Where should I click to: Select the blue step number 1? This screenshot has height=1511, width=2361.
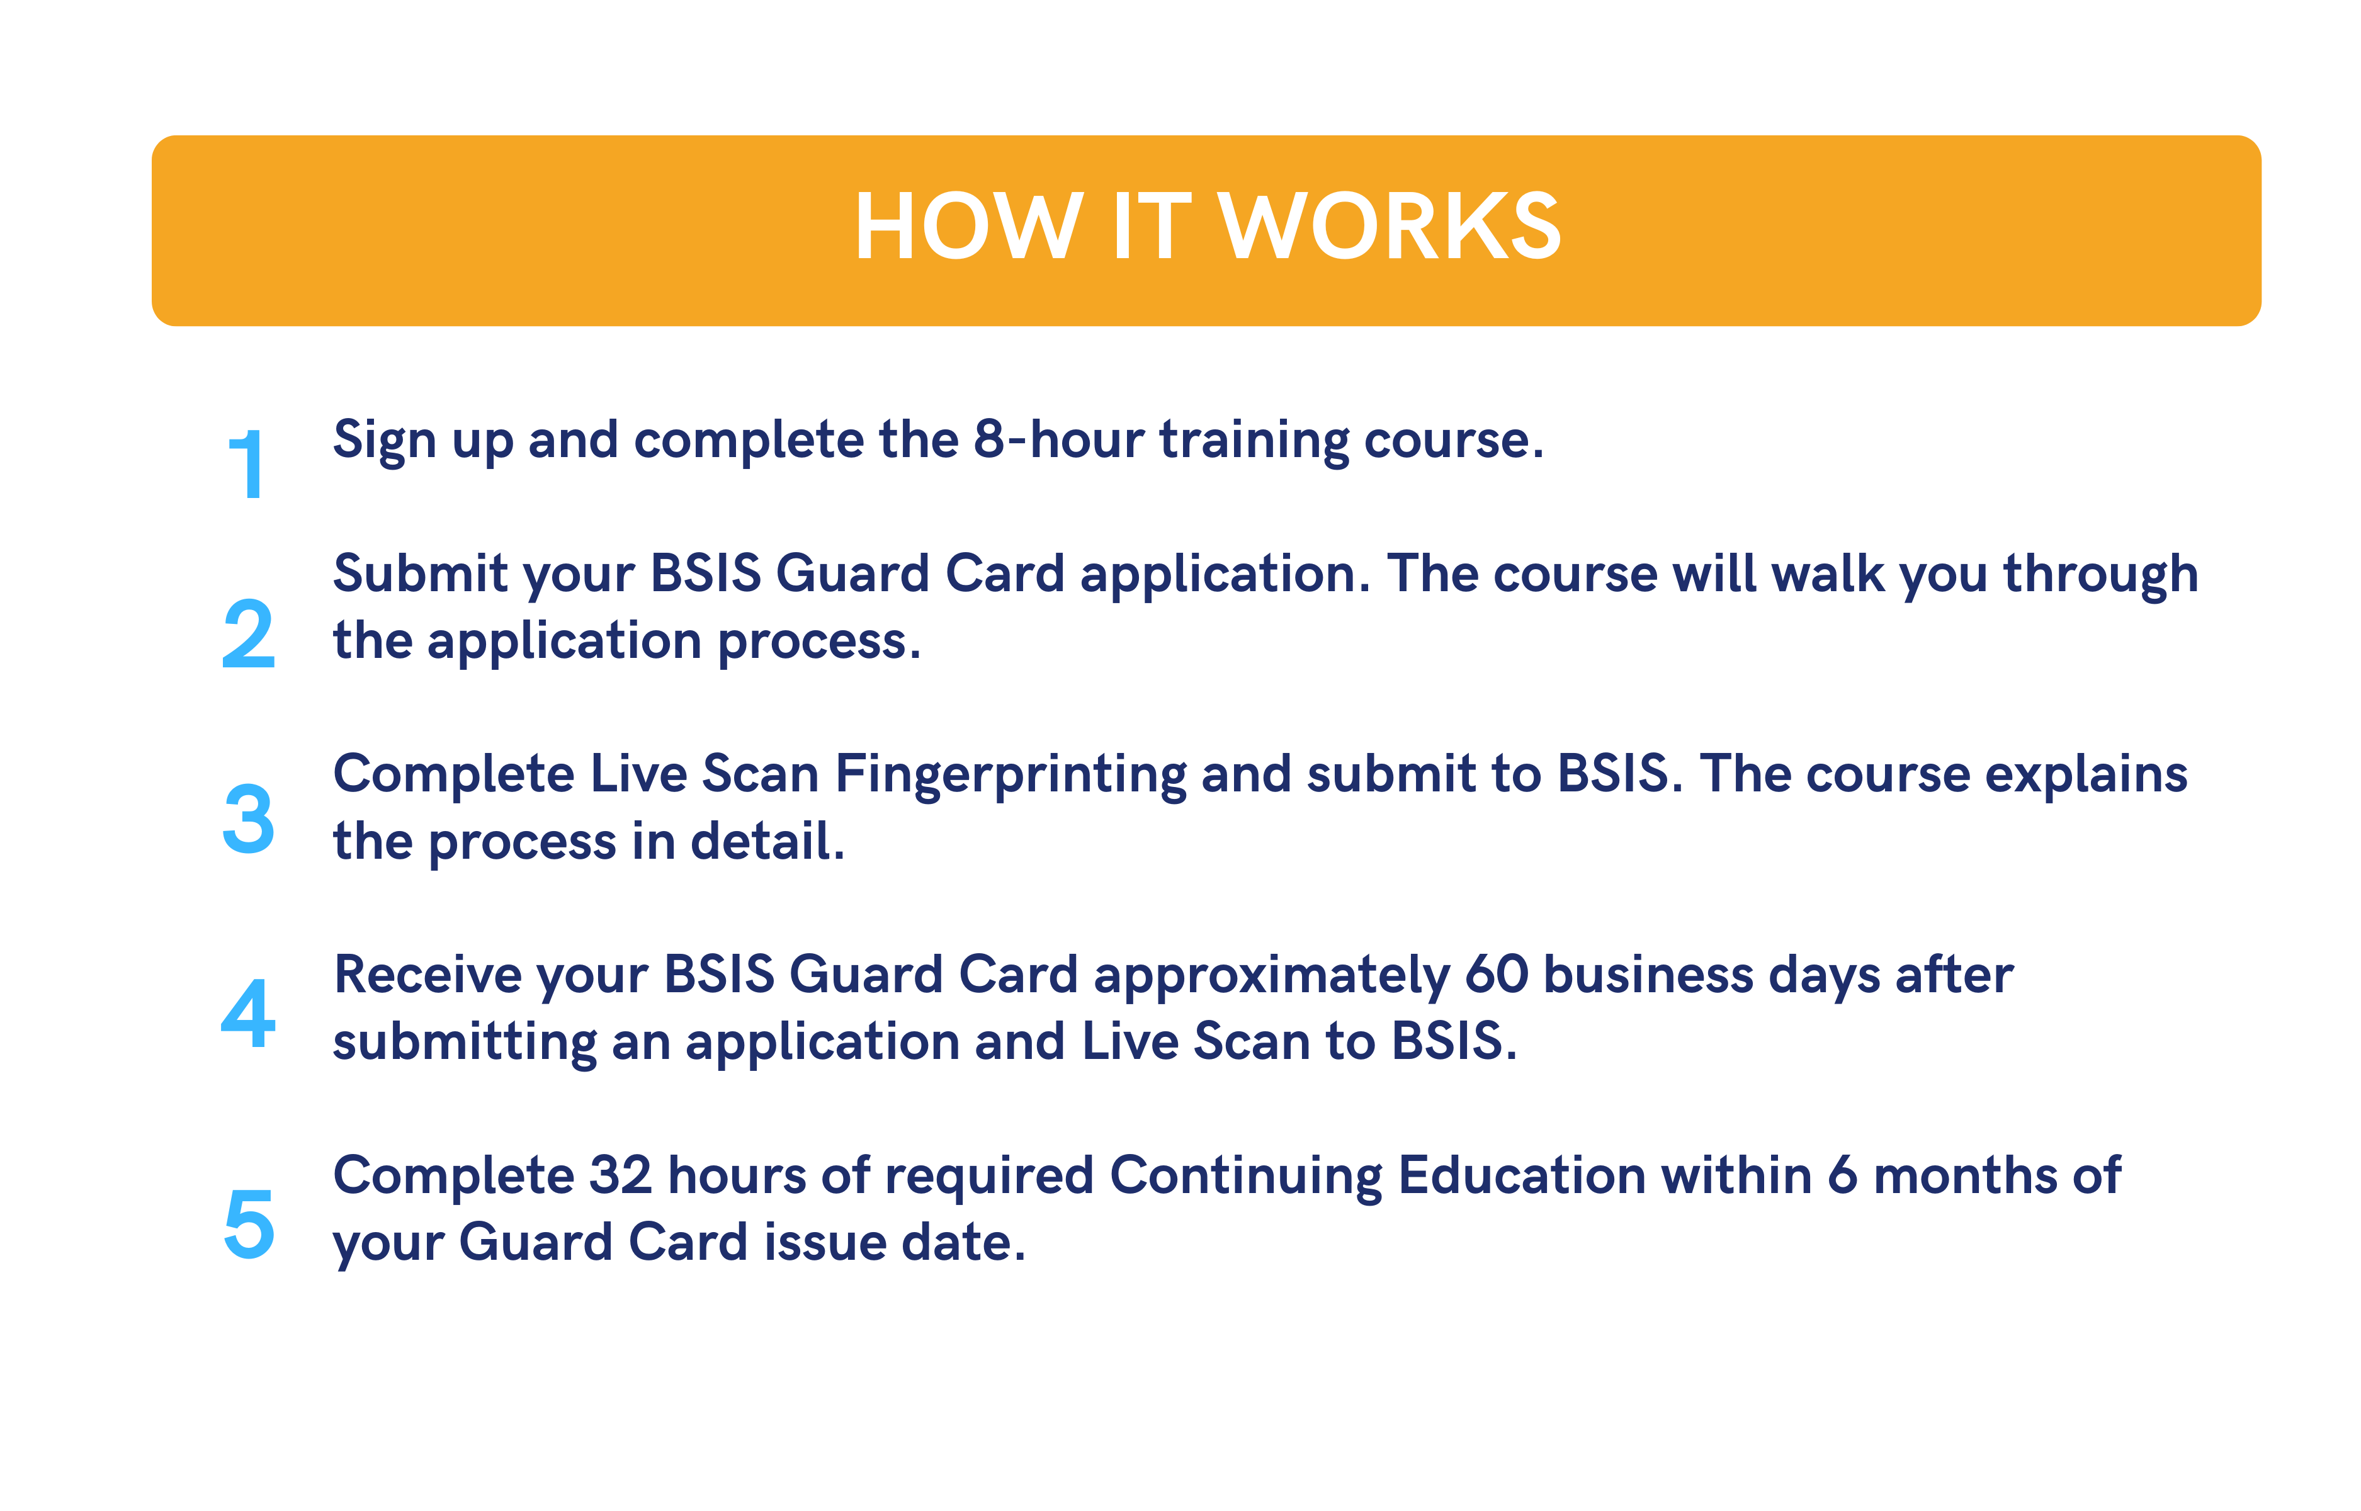[x=245, y=464]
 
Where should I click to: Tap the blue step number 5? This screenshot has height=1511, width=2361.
[x=249, y=1223]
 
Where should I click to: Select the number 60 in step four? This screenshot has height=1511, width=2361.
[x=1497, y=975]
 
